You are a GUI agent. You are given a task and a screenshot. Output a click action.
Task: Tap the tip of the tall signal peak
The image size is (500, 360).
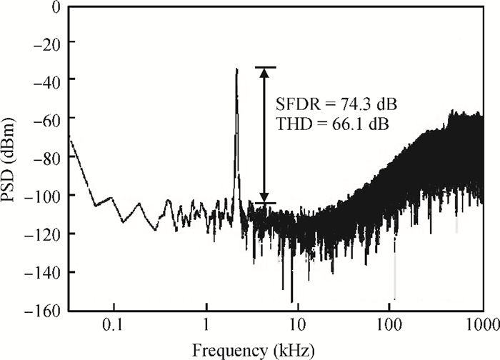(236, 69)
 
